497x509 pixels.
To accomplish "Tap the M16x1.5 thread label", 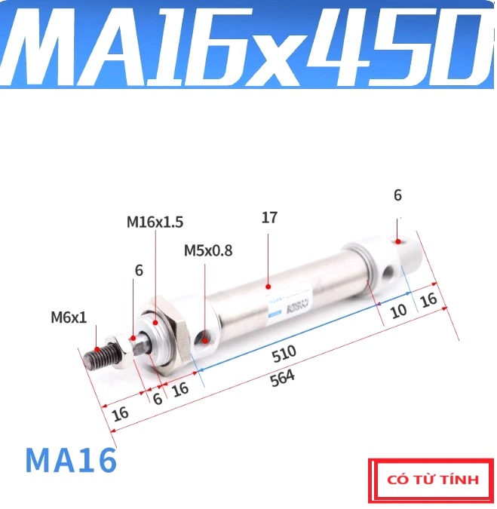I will pos(155,222).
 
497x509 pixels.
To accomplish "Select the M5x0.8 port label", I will pos(207,250).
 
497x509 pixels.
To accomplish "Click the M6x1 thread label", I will pos(69,317).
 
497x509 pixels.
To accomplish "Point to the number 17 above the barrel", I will pos(269,218).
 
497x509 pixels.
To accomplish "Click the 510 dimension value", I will pos(284,353).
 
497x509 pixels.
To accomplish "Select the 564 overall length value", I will pos(284,377).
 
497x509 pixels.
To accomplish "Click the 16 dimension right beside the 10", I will pos(428,299).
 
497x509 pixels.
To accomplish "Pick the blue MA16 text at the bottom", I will pos(71,460).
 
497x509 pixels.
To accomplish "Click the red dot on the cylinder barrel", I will pos(268,287).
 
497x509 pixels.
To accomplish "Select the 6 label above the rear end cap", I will pos(397,196).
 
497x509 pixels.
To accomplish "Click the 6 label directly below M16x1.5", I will pos(138,270).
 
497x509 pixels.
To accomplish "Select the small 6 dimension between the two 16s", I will pos(157,399).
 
